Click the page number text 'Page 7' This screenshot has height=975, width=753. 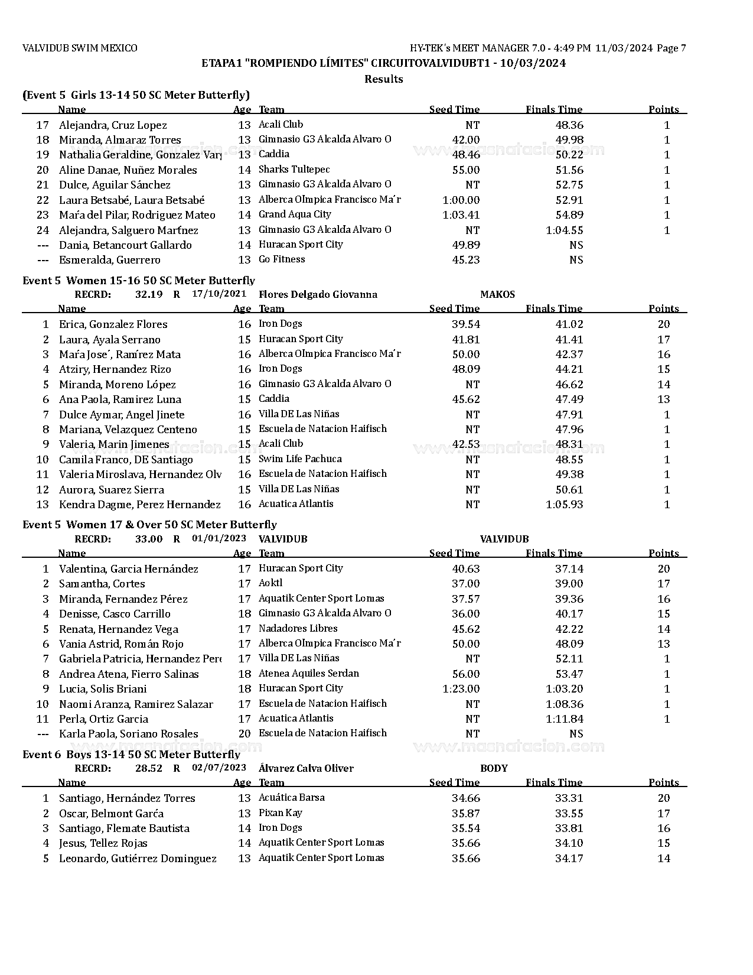coord(671,48)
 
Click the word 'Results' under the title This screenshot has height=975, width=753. coord(383,79)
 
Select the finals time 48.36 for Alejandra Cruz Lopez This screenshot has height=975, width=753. coord(569,125)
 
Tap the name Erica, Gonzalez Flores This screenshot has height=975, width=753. coord(113,324)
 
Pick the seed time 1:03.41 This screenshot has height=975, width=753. coord(461,215)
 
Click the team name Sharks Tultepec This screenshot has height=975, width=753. coord(294,170)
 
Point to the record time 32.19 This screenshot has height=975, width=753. coord(148,295)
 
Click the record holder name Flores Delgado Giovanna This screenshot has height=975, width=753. coord(318,295)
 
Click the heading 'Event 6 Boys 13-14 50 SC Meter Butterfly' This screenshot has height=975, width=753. coord(131,755)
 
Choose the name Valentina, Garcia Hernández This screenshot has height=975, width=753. coord(128,569)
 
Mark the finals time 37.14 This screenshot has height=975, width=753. coord(569,569)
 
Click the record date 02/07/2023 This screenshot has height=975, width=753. coord(219,768)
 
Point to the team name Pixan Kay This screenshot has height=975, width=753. coord(281,813)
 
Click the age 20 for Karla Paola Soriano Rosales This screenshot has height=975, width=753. coord(245,734)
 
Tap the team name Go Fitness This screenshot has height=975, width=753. coord(282,259)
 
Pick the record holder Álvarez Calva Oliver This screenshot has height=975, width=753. coord(306,769)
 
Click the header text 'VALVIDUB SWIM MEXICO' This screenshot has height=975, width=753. coord(80,48)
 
